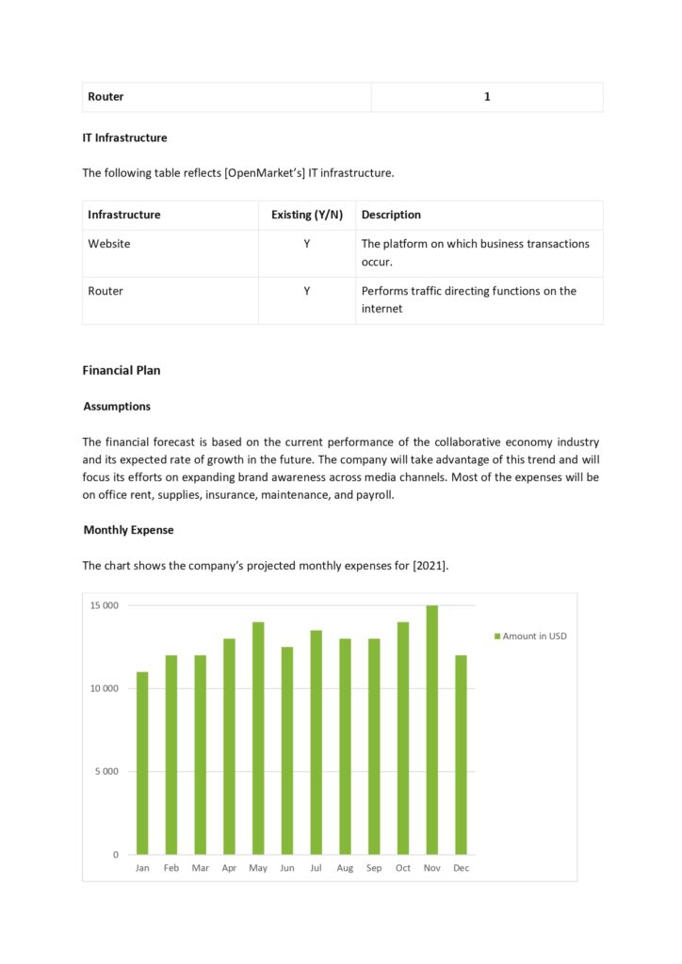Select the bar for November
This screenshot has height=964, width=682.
(432, 730)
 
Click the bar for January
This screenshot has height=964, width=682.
(142, 763)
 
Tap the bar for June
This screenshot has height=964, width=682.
(287, 750)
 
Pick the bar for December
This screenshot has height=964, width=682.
(461, 755)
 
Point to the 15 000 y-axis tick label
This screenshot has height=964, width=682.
(104, 605)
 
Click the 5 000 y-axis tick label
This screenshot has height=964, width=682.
(106, 772)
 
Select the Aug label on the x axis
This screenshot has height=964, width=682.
(345, 868)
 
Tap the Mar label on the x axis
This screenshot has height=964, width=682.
(200, 868)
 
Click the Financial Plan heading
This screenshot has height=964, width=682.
(122, 370)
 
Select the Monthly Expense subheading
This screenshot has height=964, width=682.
(128, 530)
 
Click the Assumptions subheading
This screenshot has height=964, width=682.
(117, 407)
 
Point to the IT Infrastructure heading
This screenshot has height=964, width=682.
(124, 137)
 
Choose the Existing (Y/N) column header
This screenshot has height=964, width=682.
(307, 215)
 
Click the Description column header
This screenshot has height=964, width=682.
(391, 215)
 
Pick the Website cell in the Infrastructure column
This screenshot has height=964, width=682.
(109, 244)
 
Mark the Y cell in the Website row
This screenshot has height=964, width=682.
(307, 244)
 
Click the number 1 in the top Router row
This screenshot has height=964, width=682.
(487, 97)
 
